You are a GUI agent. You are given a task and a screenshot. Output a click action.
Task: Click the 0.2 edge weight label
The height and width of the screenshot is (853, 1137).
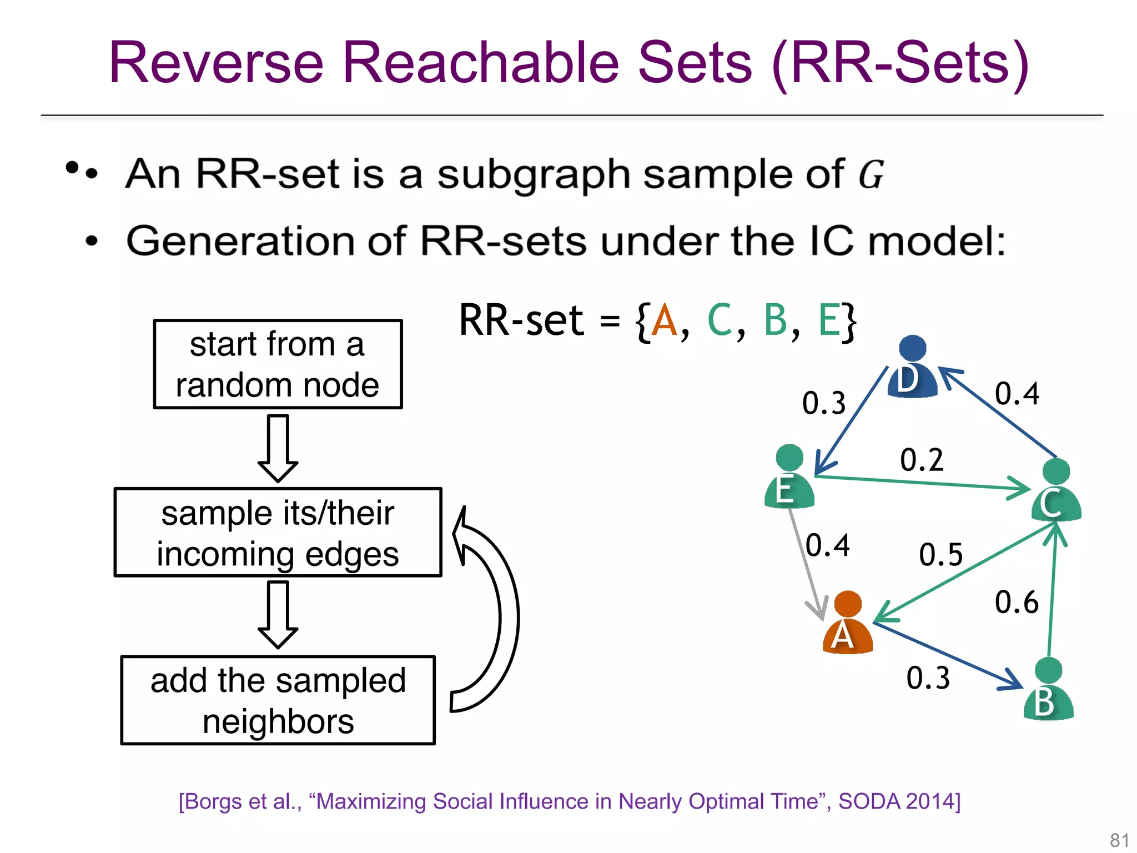[x=922, y=460]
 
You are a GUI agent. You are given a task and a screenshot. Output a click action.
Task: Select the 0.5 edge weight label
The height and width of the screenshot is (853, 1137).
[x=940, y=554]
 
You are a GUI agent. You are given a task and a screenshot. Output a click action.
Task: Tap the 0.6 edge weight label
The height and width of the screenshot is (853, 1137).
[x=1016, y=602]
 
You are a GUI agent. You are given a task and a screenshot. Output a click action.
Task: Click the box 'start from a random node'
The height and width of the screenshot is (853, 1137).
[x=278, y=364]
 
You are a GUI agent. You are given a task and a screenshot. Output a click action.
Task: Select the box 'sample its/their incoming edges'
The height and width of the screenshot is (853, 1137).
[x=278, y=533]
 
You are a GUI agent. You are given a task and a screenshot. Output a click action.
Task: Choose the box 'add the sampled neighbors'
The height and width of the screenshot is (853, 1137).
[x=278, y=700]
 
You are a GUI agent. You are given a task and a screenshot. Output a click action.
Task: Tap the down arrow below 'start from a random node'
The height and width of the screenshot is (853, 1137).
[x=278, y=448]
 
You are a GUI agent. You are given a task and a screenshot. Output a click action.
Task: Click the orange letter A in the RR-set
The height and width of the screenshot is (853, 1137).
[x=664, y=320]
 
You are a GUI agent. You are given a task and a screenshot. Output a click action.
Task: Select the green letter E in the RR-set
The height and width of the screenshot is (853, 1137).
[x=829, y=320]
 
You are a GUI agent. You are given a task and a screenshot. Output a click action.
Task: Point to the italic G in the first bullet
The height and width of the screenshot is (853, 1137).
[x=871, y=174]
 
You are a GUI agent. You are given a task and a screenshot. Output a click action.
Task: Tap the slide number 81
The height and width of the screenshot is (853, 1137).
[x=1119, y=840]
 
